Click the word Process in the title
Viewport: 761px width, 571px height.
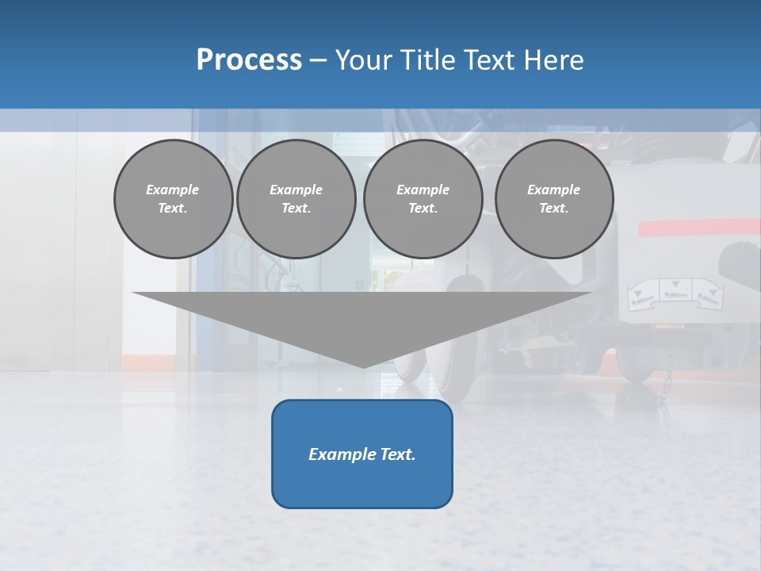click(249, 60)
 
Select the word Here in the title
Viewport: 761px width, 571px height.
click(553, 60)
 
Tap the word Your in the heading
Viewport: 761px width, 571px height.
click(364, 60)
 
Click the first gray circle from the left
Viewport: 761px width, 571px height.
click(173, 199)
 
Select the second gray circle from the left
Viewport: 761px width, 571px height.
click(296, 199)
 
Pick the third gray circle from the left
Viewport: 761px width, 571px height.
click(423, 199)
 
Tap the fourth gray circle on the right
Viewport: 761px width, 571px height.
click(553, 199)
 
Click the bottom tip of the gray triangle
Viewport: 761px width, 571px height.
click(362, 366)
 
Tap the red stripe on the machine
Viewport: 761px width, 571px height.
click(698, 228)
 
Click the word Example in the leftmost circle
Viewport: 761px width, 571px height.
click(173, 190)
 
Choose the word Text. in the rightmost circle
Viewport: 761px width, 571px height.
click(553, 209)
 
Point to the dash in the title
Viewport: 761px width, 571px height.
click(318, 60)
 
